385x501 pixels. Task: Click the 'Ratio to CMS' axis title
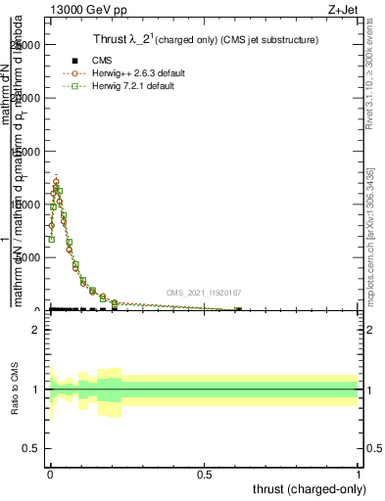click(15, 389)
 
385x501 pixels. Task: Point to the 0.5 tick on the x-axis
click(205, 471)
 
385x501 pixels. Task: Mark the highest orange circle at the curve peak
click(56, 183)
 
